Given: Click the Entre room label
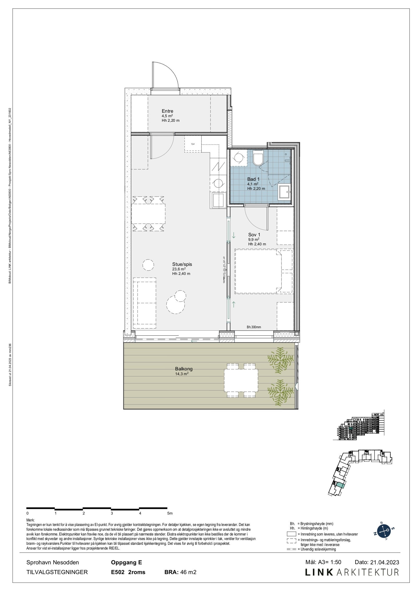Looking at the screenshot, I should [167, 111].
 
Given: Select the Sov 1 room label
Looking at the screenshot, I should [254, 235].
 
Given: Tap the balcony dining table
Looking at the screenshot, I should [241, 380].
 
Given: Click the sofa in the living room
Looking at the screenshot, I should [145, 303].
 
